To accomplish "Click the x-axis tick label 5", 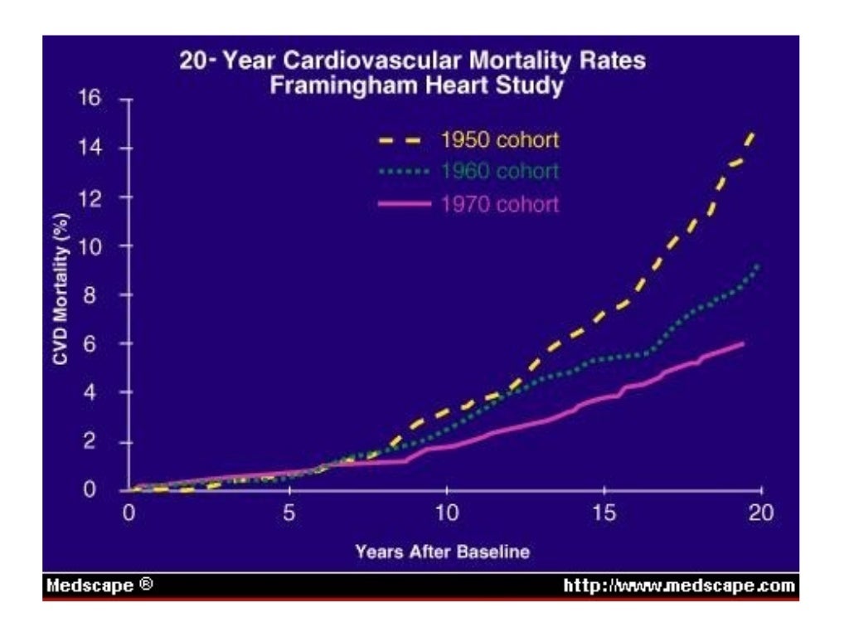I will pyautogui.click(x=289, y=513).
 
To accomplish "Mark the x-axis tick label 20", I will pyautogui.click(x=761, y=513).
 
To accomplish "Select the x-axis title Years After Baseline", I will pyautogui.click(x=442, y=552).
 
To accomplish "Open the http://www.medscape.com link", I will pyautogui.click(x=679, y=586).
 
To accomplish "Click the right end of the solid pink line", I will pyautogui.click(x=742, y=343).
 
